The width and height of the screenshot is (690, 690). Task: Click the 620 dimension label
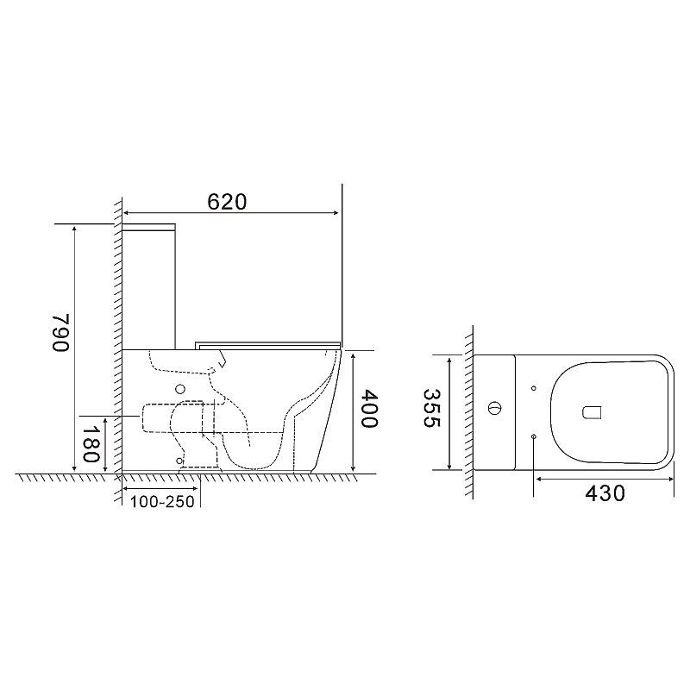227,202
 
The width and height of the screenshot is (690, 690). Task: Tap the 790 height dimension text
61,332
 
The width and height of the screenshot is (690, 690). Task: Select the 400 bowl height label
369,409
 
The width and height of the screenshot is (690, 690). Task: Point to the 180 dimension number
91,443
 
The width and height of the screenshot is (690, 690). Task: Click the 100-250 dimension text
162,502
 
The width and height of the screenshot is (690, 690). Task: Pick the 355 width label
431,408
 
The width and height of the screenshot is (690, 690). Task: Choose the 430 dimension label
605,493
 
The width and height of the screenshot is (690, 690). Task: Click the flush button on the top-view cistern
493,408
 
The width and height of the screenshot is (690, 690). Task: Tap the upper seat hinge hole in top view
534,388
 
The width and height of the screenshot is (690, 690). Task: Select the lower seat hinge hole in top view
534,436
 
